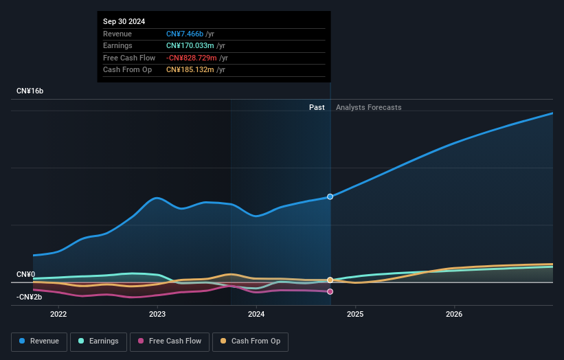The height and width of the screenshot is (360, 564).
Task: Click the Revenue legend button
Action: pos(39,341)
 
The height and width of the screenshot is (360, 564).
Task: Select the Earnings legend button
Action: pos(98,341)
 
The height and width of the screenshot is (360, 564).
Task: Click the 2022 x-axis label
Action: pos(58,315)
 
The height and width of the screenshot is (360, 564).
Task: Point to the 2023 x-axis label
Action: pos(157,315)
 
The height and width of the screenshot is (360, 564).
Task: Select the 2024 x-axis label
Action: pos(256,315)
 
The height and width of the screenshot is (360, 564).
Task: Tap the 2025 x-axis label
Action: pos(355,315)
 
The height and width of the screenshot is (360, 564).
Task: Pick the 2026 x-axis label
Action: pos(454,315)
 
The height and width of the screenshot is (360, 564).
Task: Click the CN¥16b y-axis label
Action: pos(30,91)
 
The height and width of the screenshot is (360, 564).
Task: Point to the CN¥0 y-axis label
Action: pos(26,275)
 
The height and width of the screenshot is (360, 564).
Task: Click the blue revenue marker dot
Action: pos(330,196)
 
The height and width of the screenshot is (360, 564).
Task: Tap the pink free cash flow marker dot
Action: pos(330,292)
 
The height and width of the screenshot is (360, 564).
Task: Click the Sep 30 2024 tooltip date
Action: pos(124,22)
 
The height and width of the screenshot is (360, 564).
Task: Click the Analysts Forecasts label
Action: pos(368,107)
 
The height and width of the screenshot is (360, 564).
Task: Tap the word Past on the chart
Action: pos(317,107)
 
